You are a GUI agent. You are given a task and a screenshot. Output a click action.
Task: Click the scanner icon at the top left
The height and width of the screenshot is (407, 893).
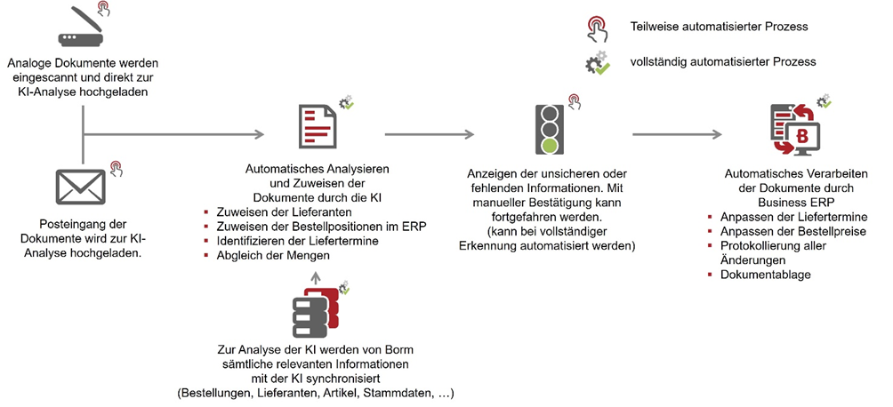pyautogui.click(x=82, y=28)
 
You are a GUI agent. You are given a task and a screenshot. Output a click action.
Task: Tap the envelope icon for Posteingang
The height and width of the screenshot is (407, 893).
pyautogui.click(x=81, y=187)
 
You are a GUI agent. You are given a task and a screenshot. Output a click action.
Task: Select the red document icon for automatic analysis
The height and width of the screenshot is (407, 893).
pyautogui.click(x=318, y=128)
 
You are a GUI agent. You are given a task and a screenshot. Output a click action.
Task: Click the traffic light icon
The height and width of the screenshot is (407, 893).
pyautogui.click(x=551, y=128)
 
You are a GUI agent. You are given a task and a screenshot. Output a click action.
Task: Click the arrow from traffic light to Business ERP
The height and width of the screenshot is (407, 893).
pyautogui.click(x=676, y=135)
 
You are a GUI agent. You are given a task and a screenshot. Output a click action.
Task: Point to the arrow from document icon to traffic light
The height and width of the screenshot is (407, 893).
pyautogui.click(x=429, y=135)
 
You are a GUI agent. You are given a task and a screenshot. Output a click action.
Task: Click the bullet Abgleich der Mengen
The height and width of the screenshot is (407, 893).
pyautogui.click(x=267, y=255)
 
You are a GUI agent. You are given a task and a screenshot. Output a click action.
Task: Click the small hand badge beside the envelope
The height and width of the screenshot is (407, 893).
pyautogui.click(x=116, y=166)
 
